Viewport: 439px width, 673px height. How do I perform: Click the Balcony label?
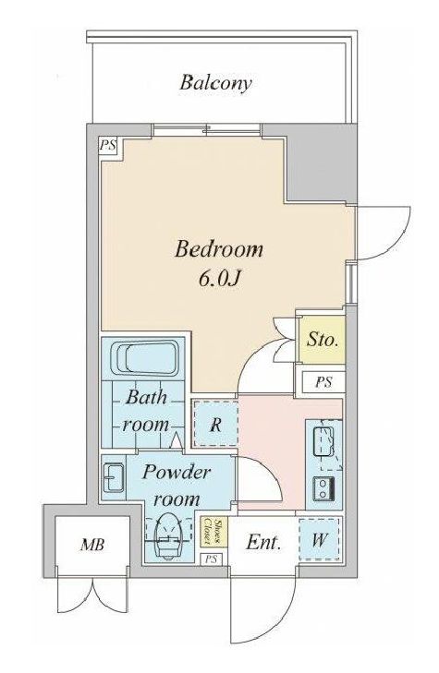[215, 83]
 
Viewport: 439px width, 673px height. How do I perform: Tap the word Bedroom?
[219, 249]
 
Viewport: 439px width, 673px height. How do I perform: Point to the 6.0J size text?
[219, 279]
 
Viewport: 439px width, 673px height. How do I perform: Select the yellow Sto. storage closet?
[322, 340]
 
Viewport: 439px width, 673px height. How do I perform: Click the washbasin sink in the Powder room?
[114, 478]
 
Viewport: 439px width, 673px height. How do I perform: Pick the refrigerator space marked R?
[215, 424]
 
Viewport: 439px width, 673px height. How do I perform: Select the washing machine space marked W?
[319, 539]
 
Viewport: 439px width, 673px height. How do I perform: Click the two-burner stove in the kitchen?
[323, 488]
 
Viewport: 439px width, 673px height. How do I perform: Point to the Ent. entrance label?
[263, 543]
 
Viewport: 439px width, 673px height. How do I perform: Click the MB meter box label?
[92, 545]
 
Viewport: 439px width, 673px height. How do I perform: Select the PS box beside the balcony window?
[108, 145]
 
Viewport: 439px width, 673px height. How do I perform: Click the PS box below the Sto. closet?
[323, 382]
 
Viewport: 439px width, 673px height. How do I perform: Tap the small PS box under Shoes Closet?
[211, 559]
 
